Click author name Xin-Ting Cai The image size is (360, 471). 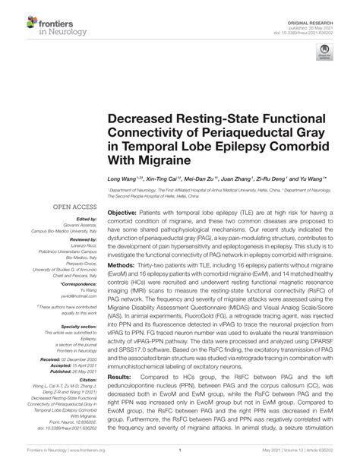(158, 180)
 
